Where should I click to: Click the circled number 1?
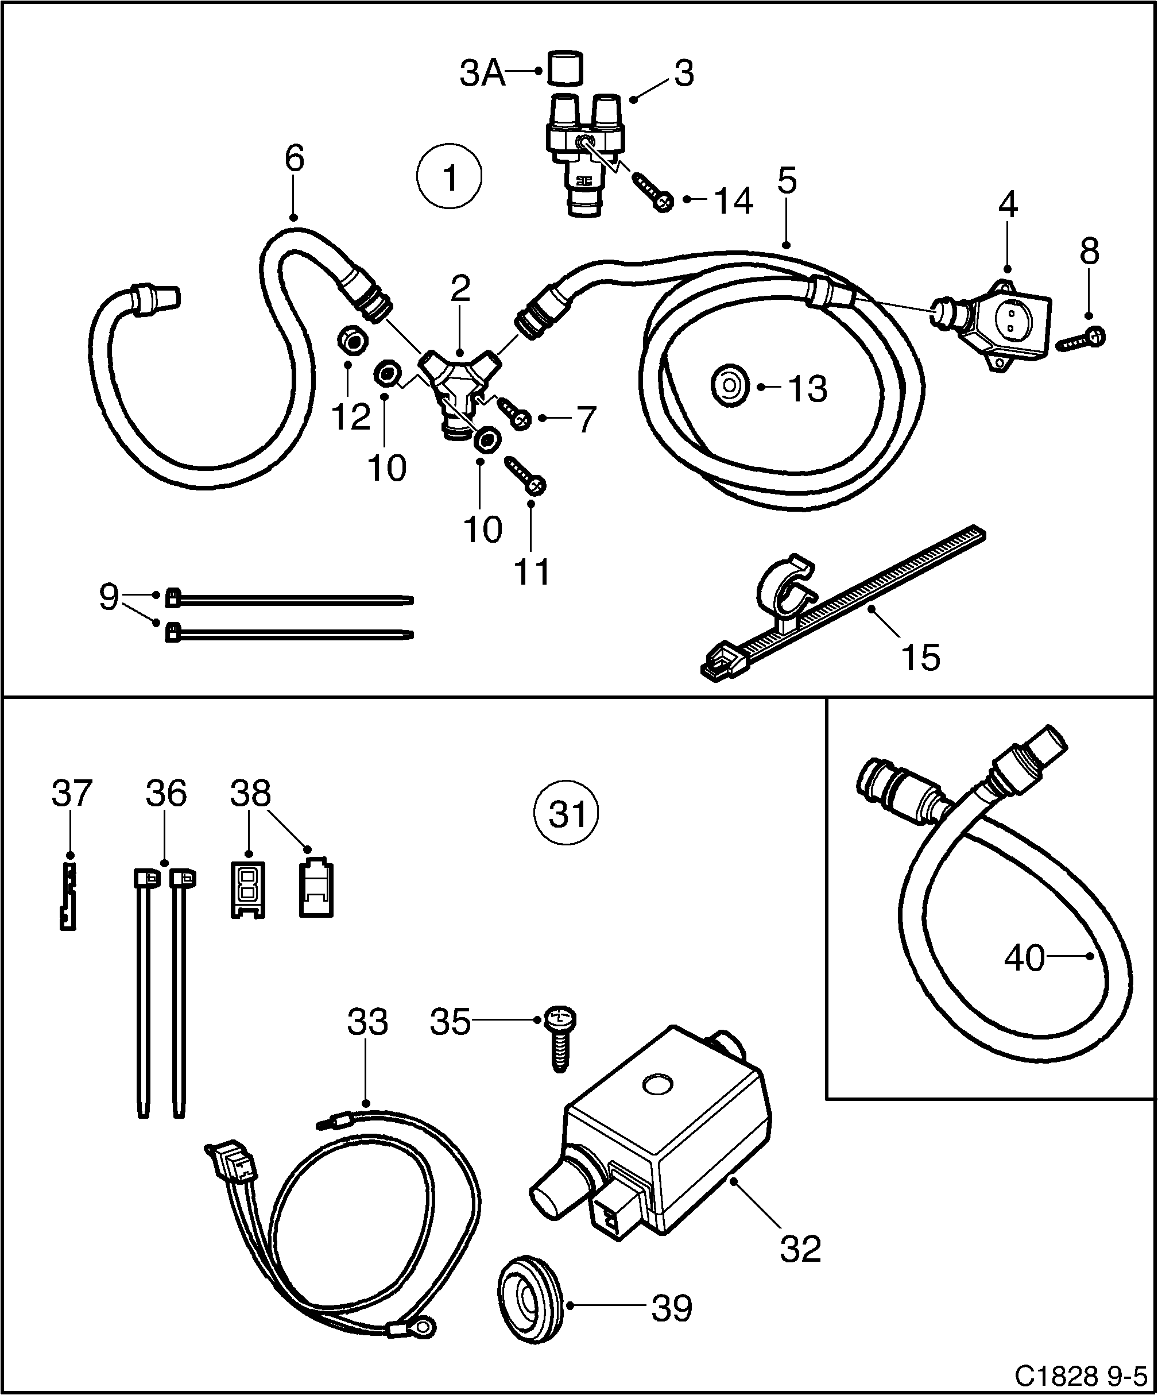450,178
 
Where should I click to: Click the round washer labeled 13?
730,388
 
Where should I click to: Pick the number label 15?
920,657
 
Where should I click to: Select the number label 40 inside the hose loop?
1024,959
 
